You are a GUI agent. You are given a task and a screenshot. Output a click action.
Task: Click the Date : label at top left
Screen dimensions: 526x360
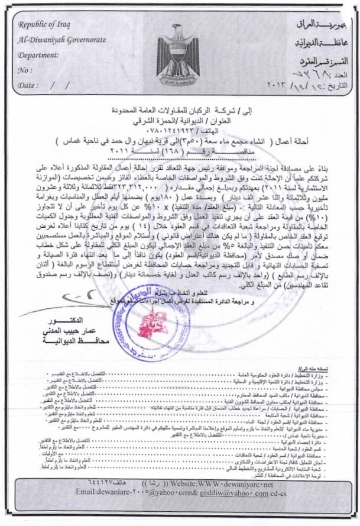28,85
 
